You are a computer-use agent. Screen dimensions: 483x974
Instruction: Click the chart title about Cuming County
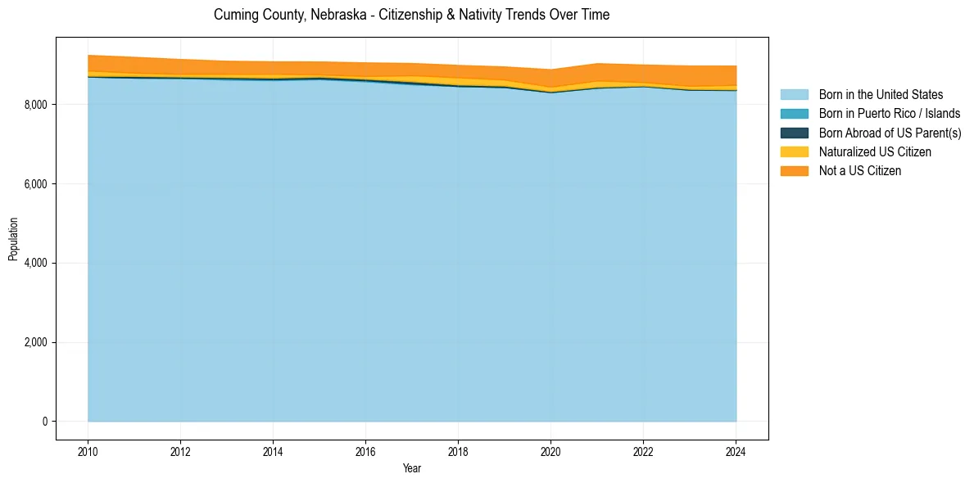click(411, 15)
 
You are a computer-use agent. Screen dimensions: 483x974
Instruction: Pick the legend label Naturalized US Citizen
click(875, 151)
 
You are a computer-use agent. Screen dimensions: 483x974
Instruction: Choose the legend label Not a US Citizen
click(860, 170)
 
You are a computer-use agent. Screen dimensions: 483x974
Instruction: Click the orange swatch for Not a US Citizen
click(794, 170)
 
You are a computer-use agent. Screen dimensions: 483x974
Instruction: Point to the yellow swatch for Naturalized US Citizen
click(794, 151)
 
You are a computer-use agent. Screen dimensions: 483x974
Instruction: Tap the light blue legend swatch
click(794, 95)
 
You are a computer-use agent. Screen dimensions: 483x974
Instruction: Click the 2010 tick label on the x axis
click(88, 451)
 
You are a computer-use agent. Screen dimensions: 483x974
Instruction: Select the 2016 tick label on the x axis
click(365, 451)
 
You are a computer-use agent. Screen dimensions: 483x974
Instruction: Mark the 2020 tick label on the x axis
click(550, 451)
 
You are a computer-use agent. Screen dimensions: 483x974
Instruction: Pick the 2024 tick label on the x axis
click(736, 451)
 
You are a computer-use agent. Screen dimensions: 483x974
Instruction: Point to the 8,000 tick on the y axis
click(37, 105)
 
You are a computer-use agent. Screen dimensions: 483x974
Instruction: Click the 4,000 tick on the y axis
click(37, 263)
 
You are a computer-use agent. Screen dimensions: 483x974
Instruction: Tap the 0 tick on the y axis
click(46, 422)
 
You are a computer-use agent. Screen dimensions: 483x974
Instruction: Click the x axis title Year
click(412, 468)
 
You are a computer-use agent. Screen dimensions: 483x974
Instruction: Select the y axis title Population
click(13, 239)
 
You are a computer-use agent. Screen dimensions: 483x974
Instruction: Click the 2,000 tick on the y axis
click(37, 342)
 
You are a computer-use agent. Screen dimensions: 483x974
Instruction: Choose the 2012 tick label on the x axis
click(180, 451)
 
